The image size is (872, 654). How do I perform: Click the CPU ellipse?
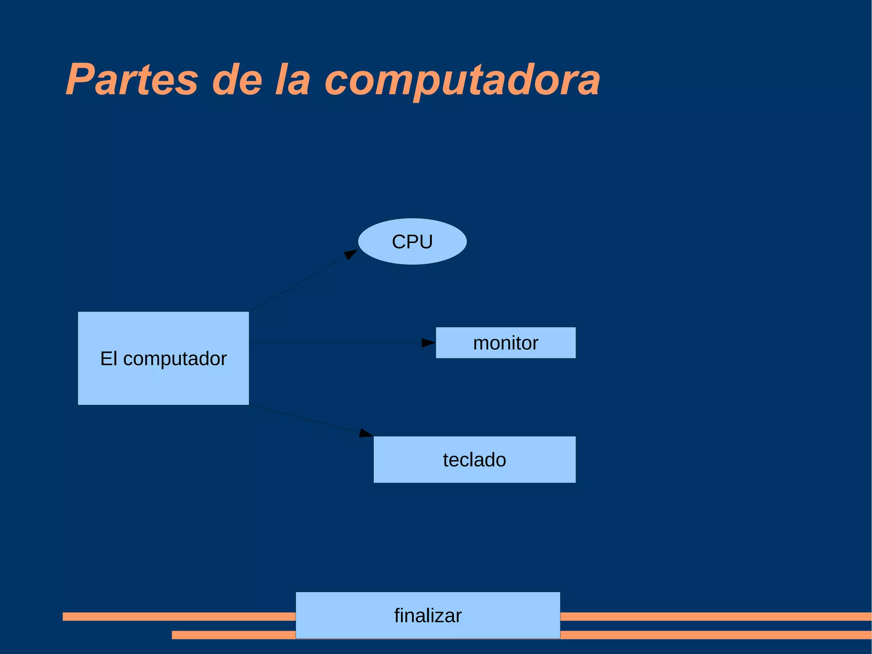point(412,242)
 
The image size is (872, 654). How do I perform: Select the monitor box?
point(505,343)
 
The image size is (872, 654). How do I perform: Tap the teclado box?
point(474,459)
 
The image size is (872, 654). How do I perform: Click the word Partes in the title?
point(132,80)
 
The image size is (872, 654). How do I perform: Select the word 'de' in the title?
point(237,80)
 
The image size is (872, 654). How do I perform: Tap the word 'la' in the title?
point(293,80)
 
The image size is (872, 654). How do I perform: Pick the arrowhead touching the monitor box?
point(428,343)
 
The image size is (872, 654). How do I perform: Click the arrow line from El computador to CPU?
point(298,283)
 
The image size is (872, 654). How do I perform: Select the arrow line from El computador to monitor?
point(336,343)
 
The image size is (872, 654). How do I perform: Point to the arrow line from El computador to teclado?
point(304,419)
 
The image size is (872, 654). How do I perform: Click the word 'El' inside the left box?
point(109,359)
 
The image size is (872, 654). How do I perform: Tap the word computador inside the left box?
point(175,359)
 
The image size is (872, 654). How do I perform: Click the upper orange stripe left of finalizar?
point(179,616)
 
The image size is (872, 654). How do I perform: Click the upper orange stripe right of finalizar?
point(715,616)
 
